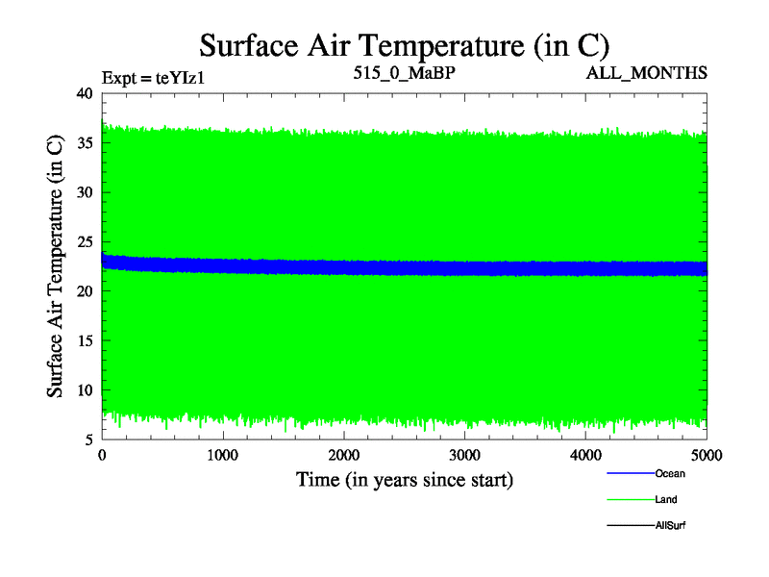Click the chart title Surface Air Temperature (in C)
[404, 44]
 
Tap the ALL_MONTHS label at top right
[647, 73]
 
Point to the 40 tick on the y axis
[84, 93]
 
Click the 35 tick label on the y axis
[84, 143]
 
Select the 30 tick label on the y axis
[84, 192]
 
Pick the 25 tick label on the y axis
[84, 242]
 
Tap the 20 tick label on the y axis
[84, 291]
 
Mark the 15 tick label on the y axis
[84, 341]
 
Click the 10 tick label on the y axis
[84, 390]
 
